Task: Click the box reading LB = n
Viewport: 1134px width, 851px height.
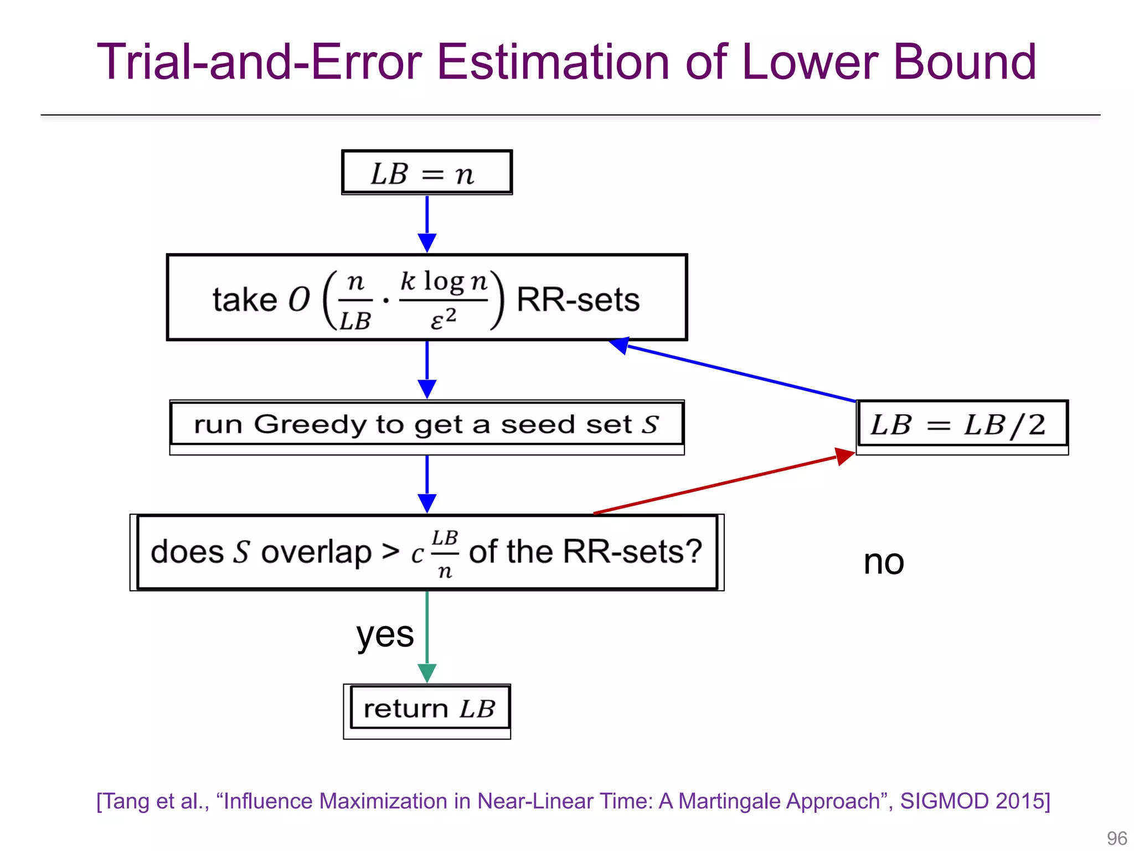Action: pos(426,173)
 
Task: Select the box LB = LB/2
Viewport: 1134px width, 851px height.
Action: pos(961,425)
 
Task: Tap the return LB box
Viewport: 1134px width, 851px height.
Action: pos(428,709)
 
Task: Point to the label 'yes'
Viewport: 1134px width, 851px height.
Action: pos(385,634)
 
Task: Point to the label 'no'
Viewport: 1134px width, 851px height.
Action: pos(884,562)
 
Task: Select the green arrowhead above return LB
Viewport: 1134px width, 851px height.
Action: pos(427,673)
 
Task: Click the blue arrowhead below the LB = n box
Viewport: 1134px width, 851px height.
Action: pos(427,242)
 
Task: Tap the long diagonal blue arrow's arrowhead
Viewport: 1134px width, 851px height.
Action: pos(620,345)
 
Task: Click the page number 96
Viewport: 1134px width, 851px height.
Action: pos(1116,838)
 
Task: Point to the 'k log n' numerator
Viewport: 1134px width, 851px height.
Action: pos(444,281)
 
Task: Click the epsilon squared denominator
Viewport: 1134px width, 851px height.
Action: pos(443,319)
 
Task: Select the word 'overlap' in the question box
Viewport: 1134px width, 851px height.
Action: pos(316,552)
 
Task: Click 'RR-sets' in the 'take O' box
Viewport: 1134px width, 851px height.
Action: pos(578,300)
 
